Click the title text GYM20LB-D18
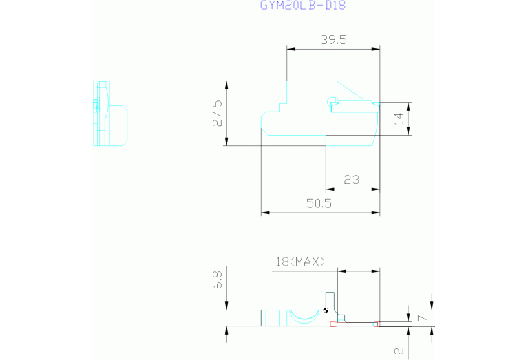303,6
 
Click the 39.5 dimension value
333,40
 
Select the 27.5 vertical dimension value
218,113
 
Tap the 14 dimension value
399,118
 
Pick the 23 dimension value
352,180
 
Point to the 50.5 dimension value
319,204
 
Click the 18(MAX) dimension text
301,262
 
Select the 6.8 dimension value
218,280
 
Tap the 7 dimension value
422,317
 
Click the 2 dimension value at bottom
399,351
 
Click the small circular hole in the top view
333,101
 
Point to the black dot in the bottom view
326,310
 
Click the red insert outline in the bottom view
355,324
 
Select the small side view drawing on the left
110,113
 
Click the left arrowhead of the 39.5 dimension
291,49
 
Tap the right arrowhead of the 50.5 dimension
376,213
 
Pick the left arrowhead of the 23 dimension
330,189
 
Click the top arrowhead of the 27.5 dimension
226,85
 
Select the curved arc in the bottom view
304,317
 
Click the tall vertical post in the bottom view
330,301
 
